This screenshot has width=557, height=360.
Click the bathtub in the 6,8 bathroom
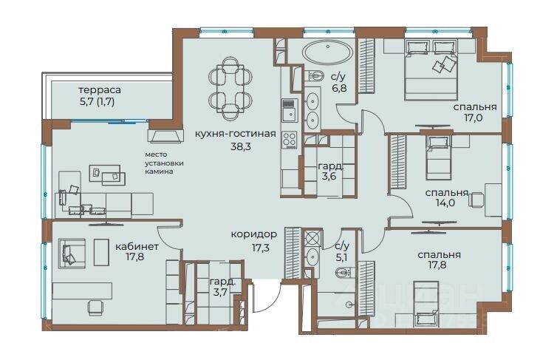[328, 52]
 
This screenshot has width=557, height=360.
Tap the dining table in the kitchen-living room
[230, 89]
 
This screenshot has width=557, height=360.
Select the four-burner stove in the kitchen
[290, 140]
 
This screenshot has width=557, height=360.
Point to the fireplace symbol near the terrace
[165, 136]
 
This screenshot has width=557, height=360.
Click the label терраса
[100, 90]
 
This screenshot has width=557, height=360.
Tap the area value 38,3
[241, 146]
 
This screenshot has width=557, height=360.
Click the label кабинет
[137, 246]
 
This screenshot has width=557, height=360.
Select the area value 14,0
[445, 203]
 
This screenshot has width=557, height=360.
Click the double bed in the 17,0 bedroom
[431, 69]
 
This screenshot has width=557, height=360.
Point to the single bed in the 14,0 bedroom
[439, 157]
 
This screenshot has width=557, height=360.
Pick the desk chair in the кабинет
[95, 307]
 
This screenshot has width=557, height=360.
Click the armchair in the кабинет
[72, 253]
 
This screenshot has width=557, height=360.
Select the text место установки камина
[164, 163]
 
